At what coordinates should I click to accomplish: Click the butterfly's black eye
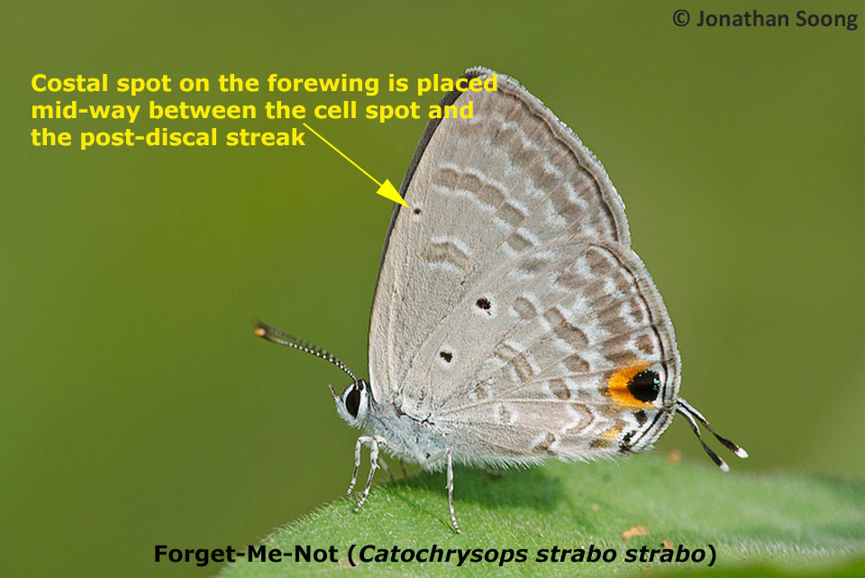pos(352,399)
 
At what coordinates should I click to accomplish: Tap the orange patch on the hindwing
pos(619,385)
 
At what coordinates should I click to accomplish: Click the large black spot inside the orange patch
pos(643,386)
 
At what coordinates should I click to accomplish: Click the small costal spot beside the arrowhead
pos(416,211)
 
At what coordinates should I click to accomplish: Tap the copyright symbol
pos(680,18)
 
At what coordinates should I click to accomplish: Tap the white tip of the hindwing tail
pos(741,452)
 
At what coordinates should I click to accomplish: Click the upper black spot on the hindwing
pos(484,304)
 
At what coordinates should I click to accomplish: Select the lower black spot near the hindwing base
pos(446,356)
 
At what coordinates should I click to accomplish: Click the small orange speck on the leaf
pos(636,532)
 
